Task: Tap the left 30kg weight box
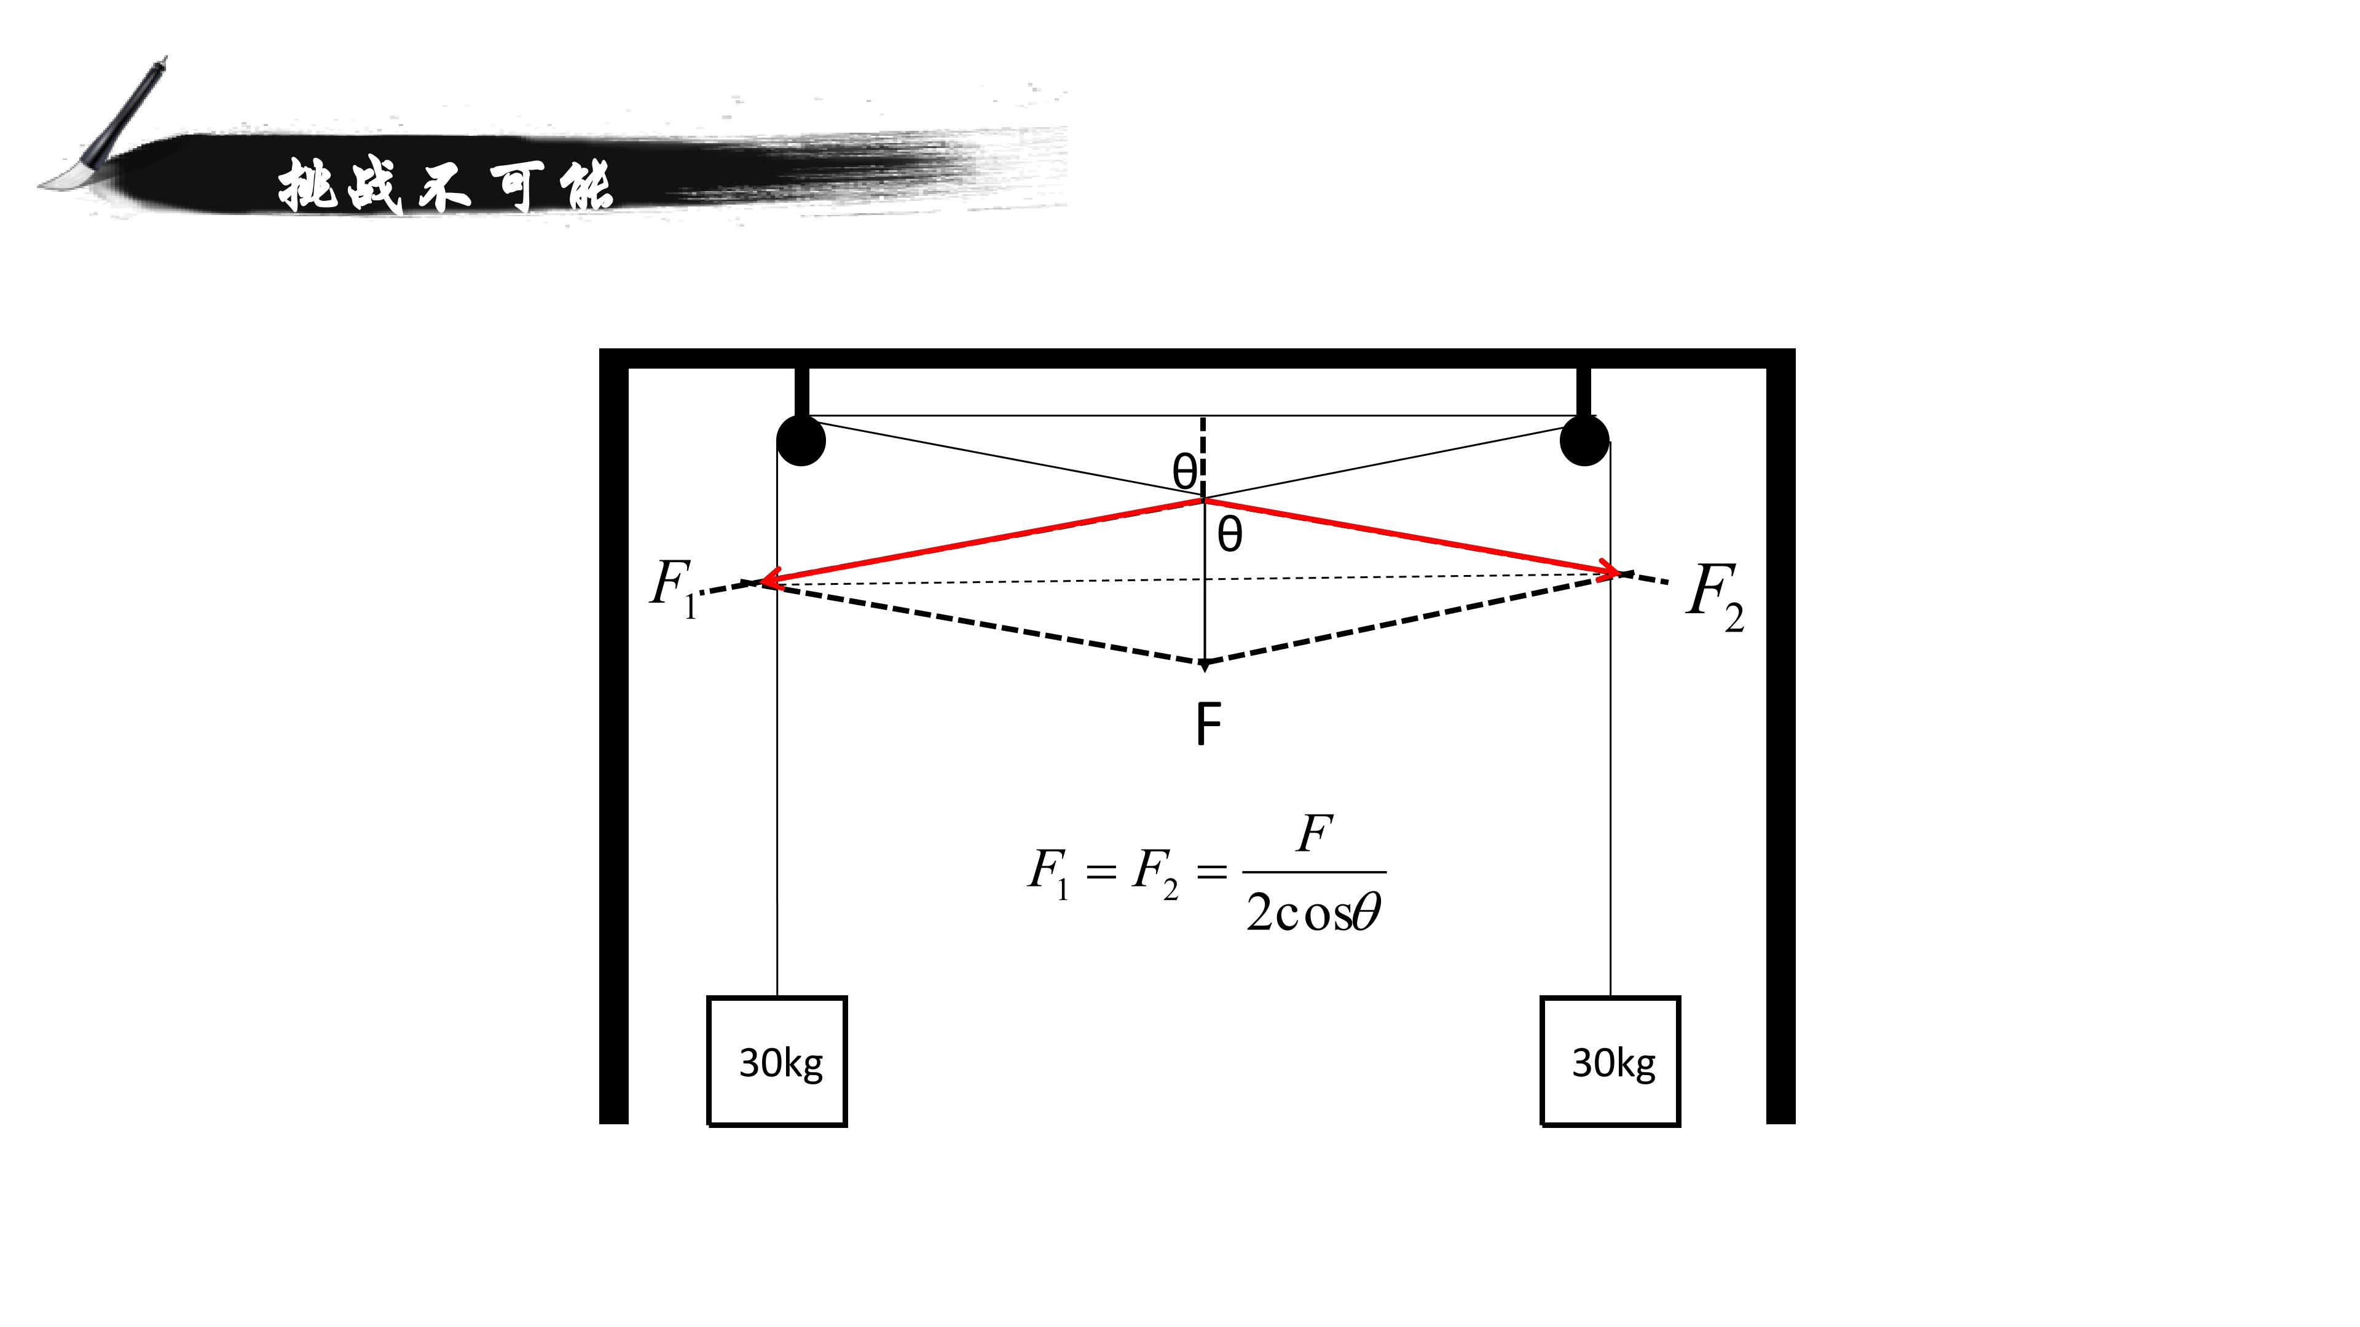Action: [777, 1060]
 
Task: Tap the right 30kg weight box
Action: [1611, 1060]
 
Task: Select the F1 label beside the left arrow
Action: [674, 588]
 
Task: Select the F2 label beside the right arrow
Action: [1716, 597]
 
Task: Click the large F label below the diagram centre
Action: [1208, 724]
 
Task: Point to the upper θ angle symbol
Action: [1184, 472]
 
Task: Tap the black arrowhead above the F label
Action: [1205, 665]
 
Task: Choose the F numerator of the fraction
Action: [1315, 834]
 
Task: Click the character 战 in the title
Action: [375, 186]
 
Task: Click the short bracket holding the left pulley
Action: [803, 392]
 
